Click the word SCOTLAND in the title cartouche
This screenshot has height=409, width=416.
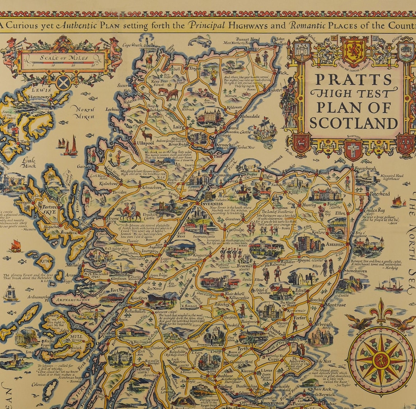pyautogui.click(x=354, y=123)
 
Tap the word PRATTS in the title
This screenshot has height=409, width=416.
pyautogui.click(x=354, y=79)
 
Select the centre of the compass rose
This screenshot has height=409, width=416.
pyautogui.click(x=381, y=360)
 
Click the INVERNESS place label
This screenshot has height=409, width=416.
pyautogui.click(x=211, y=204)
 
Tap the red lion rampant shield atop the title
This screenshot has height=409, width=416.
pyautogui.click(x=354, y=51)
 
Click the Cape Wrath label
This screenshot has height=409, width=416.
pyautogui.click(x=132, y=45)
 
